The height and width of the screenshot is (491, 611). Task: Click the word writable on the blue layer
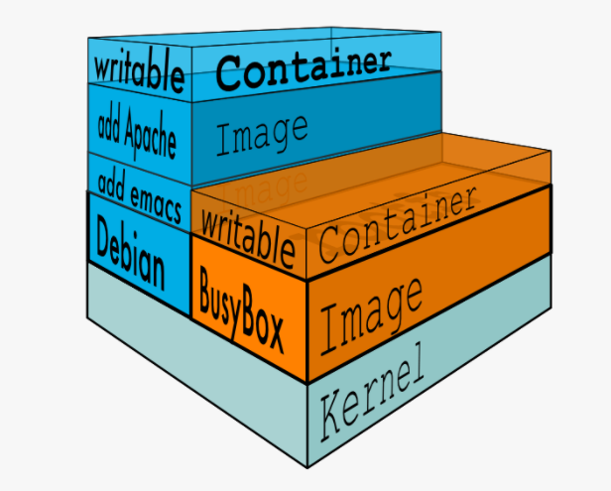[140, 70]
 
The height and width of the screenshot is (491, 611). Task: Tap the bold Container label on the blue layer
[303, 67]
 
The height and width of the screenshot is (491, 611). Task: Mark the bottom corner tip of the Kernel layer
[309, 466]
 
